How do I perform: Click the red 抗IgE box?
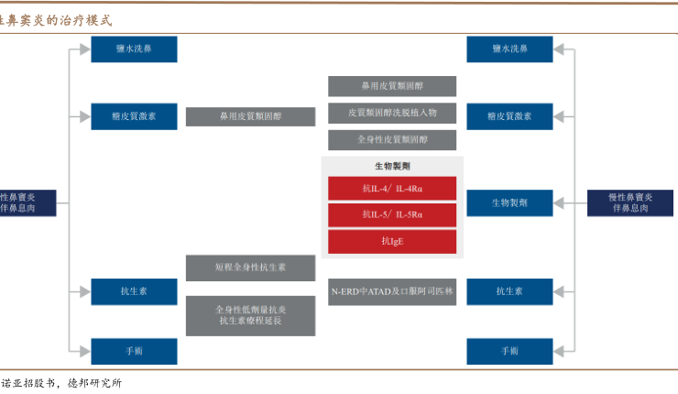[x=393, y=241]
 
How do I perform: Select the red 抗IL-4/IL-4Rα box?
[x=393, y=189]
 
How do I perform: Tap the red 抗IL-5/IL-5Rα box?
[x=393, y=215]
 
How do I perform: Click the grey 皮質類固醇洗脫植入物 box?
[x=393, y=113]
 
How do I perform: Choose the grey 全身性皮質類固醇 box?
[x=393, y=139]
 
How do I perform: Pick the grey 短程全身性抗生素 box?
[x=251, y=268]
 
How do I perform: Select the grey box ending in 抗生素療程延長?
[x=251, y=315]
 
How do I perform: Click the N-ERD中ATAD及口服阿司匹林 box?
[x=393, y=291]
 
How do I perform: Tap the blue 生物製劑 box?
[x=509, y=202]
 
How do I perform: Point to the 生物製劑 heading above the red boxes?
[x=393, y=167]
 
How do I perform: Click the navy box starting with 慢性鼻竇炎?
[x=630, y=202]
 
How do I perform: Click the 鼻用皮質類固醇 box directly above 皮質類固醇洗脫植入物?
[x=393, y=86]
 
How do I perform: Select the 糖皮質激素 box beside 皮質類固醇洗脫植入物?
[x=509, y=116]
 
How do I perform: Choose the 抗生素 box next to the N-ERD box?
[x=509, y=291]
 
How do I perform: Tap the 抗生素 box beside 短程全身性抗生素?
[x=134, y=291]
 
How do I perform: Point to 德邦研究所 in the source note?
[x=94, y=383]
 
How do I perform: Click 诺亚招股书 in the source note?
[x=27, y=383]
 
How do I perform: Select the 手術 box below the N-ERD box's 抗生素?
[x=509, y=351]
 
